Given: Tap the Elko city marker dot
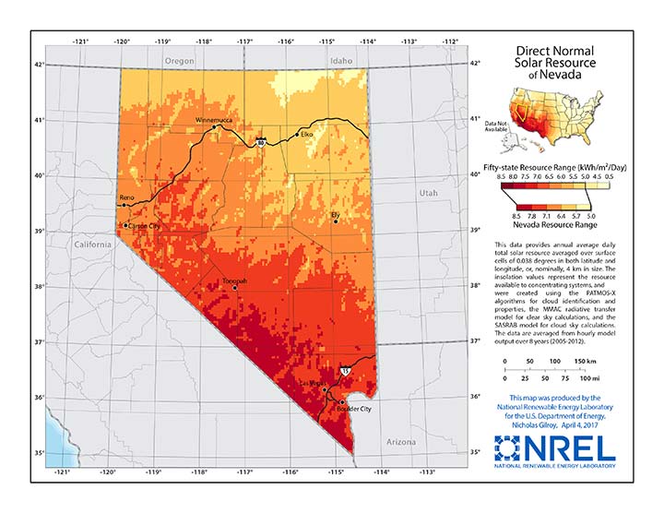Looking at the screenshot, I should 297,136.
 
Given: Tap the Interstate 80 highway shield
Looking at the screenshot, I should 262,143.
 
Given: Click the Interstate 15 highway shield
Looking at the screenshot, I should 345,368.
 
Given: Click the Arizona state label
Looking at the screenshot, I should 401,442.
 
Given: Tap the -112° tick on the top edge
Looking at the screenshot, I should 450,42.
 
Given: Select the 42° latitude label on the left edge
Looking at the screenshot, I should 39,64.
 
